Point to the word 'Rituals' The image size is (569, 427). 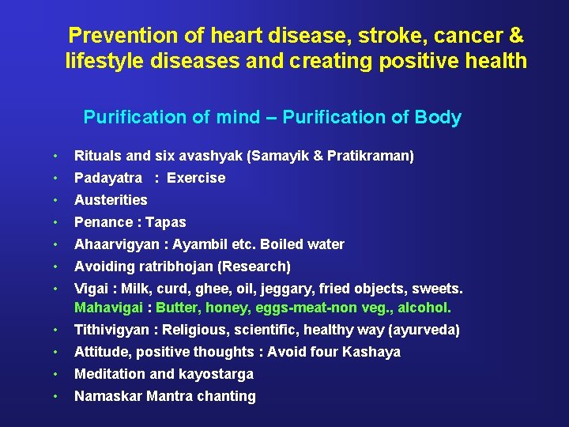pyautogui.click(x=98, y=156)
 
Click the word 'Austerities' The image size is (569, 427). pyautogui.click(x=111, y=200)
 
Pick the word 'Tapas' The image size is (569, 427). pyautogui.click(x=166, y=222)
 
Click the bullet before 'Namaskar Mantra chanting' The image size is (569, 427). pyautogui.click(x=57, y=396)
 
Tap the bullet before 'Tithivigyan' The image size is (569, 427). pyautogui.click(x=57, y=330)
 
